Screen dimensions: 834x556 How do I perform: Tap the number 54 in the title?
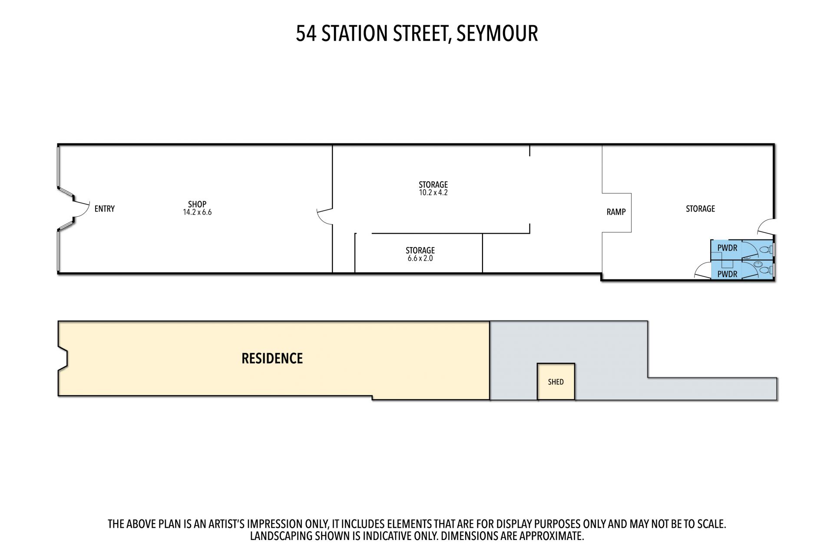tap(306, 33)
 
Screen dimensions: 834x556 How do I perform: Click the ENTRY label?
tap(105, 209)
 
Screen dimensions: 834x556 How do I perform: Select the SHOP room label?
tap(197, 204)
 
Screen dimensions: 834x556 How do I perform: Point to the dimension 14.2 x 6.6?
tap(197, 212)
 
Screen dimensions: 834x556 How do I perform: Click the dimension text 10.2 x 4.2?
tap(433, 192)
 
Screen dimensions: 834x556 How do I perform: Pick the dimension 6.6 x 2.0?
tap(420, 258)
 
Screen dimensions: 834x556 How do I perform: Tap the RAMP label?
tap(616, 212)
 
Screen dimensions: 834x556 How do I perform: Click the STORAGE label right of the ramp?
tap(700, 209)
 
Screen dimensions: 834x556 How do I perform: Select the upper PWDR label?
tap(727, 248)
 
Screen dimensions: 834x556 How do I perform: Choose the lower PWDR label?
tap(727, 274)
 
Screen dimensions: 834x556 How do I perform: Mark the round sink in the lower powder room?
tap(758, 263)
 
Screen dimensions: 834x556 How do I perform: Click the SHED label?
tap(556, 382)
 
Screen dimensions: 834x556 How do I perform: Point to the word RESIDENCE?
tap(272, 358)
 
